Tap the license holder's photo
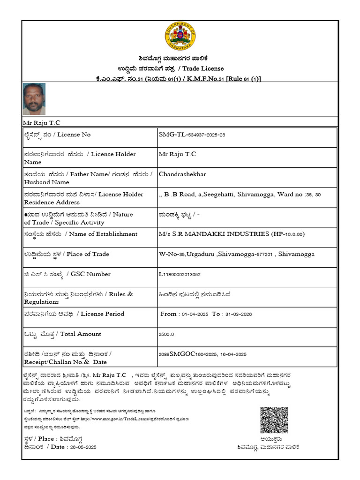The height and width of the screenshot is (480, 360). (34, 99)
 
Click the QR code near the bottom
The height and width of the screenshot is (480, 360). (274, 420)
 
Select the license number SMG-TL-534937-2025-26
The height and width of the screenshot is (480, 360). (192, 135)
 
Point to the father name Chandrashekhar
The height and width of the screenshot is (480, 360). (182, 174)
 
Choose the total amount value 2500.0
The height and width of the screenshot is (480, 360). (166, 334)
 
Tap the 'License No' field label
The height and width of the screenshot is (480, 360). (74, 135)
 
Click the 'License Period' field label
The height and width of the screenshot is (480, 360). (102, 314)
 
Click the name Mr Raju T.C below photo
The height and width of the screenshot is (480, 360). (42, 122)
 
